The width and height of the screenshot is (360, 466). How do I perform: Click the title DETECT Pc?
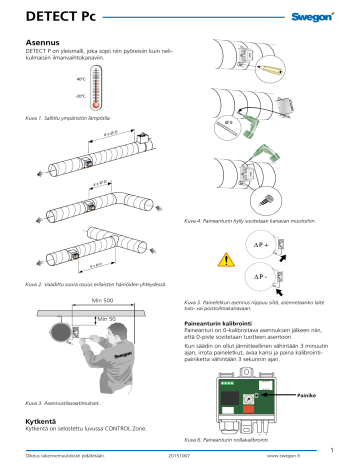62,18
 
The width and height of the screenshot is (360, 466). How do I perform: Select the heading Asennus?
43,44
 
